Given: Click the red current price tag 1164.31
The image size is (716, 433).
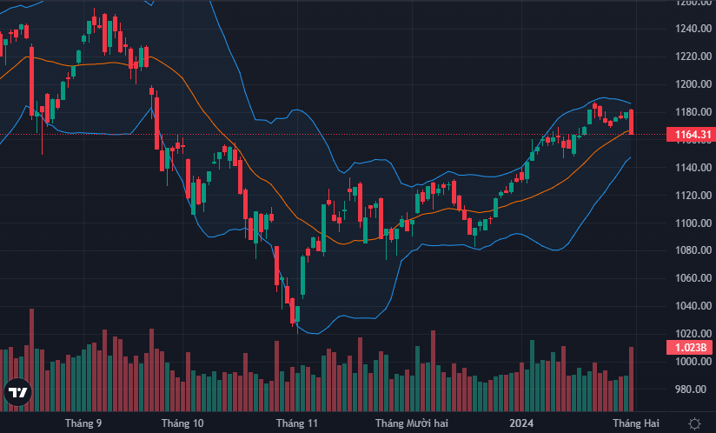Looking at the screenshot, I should [x=688, y=134].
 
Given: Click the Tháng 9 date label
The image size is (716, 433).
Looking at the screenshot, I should [x=83, y=423].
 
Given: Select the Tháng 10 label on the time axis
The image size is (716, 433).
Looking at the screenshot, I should [x=182, y=423].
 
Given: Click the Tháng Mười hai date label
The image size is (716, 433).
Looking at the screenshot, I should [x=412, y=423].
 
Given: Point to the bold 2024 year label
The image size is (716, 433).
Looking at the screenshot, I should [x=521, y=423].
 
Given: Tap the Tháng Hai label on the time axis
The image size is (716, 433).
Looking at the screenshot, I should [x=634, y=423].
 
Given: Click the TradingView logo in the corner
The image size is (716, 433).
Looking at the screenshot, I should [x=17, y=392].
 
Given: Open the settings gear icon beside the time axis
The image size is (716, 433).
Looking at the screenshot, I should [x=694, y=423].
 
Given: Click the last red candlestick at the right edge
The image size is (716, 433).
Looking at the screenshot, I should [x=632, y=122].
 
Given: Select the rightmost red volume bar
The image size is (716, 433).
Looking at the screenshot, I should [x=632, y=379].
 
